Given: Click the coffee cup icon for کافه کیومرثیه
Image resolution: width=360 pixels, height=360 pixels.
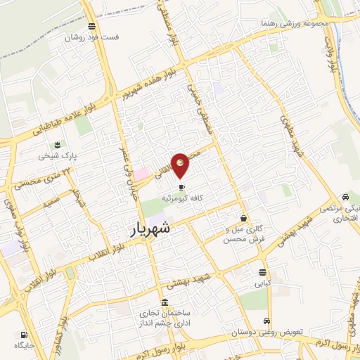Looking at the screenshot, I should [182, 188].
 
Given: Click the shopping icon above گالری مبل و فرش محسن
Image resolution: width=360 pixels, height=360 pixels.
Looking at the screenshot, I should [243, 219].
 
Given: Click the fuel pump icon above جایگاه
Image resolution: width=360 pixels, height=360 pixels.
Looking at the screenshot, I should [24, 335].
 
